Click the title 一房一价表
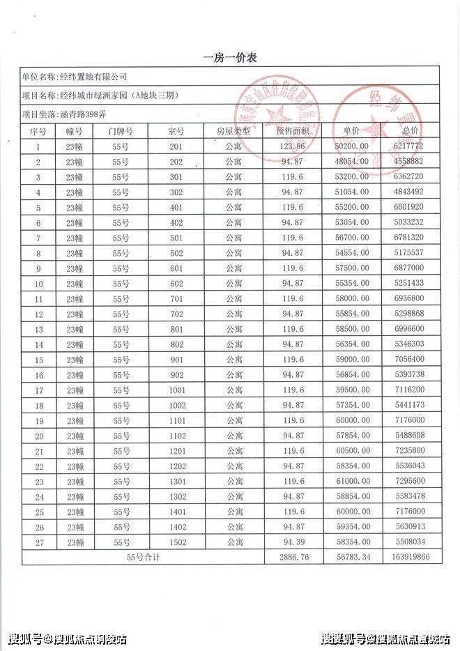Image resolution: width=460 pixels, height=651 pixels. point(230,58)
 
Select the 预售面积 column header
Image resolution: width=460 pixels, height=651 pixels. point(292,131)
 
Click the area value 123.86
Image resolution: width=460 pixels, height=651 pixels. point(292,146)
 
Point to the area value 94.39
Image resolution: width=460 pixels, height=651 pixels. point(292,542)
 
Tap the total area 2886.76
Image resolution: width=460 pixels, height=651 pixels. point(292,558)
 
